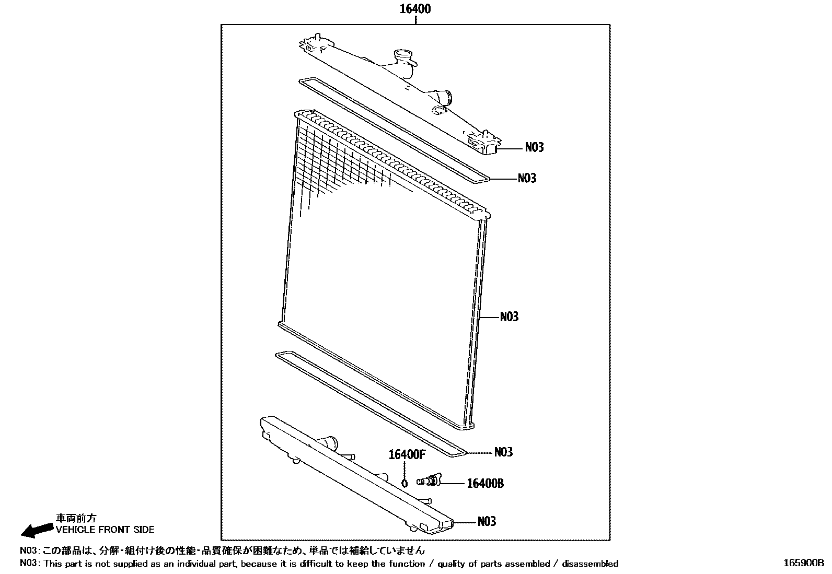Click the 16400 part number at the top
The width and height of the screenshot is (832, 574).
(x=415, y=9)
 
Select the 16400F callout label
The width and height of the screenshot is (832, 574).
(x=406, y=454)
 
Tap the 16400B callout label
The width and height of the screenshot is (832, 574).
(x=484, y=484)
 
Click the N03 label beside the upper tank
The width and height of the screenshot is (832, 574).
(x=534, y=148)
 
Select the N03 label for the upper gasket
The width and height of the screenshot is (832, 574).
(x=527, y=179)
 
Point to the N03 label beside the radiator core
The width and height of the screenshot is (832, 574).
(x=509, y=317)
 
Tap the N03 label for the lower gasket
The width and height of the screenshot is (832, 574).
(x=503, y=452)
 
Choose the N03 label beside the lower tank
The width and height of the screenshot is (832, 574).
(x=486, y=521)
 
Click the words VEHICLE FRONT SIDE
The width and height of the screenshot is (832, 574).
(x=105, y=530)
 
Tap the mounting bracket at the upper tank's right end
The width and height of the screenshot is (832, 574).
(x=484, y=142)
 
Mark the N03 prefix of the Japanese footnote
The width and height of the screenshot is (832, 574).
(x=29, y=550)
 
